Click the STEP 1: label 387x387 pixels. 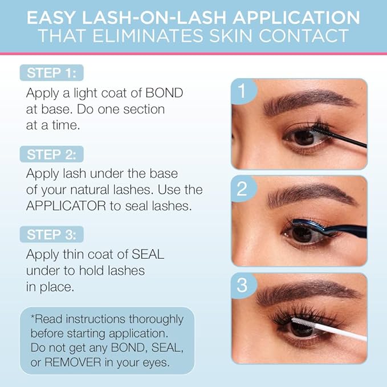[x=52, y=73]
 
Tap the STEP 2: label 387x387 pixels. [x=52, y=154]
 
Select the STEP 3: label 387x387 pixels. [x=52, y=235]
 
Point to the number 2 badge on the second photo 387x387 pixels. [x=242, y=189]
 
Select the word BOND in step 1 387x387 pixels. [x=166, y=93]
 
